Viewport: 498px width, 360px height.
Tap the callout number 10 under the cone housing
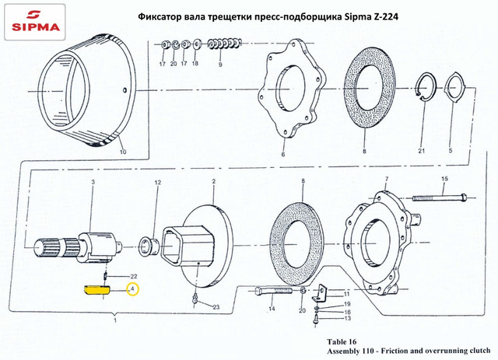click(x=122, y=152)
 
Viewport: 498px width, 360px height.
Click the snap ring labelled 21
click(x=422, y=93)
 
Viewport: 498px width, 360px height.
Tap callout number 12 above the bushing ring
click(x=157, y=183)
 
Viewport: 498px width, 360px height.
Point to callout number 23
click(x=216, y=308)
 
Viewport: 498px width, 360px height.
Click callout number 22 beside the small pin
click(x=134, y=277)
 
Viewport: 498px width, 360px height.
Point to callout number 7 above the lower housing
click(x=386, y=180)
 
